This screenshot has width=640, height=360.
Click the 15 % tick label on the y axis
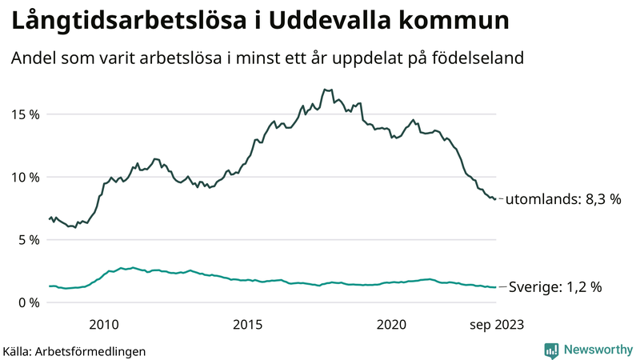point(24,114)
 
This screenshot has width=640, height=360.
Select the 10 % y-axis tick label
point(24,177)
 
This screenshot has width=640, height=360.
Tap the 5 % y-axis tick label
point(27,239)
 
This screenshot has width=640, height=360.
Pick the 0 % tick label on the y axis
point(27,302)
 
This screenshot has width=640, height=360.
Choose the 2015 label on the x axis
point(248,324)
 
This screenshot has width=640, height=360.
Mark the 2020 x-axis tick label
point(392,324)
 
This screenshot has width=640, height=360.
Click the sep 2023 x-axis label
point(496,324)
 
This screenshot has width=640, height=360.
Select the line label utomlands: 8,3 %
point(565,199)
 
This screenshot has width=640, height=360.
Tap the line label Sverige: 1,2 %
point(555,286)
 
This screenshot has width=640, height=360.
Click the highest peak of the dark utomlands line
point(325,90)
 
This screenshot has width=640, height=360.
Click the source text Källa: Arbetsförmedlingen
point(74,350)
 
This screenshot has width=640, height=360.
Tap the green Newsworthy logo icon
point(551,350)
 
